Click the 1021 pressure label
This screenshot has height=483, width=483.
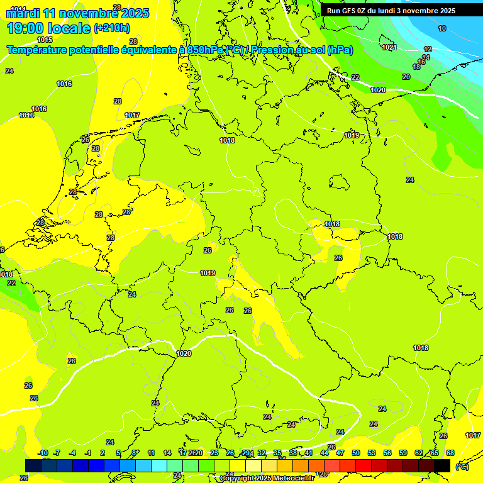tap(389, 47)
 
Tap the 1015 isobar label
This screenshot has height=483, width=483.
tap(45, 40)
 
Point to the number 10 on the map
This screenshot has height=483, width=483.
tap(442, 28)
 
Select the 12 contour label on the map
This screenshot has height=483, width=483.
tap(428, 49)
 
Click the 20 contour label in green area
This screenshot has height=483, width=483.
tap(406, 77)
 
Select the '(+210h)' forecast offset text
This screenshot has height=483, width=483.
tap(112, 28)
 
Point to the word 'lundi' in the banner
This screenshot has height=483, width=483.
tap(394, 11)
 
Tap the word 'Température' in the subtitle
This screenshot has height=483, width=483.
tap(37, 50)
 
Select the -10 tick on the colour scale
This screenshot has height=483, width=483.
tap(43, 453)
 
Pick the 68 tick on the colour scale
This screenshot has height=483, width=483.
tap(450, 453)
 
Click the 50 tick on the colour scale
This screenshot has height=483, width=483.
tap(356, 453)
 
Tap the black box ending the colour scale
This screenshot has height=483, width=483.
tap(442, 465)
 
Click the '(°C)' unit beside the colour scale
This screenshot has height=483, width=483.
tap(462, 466)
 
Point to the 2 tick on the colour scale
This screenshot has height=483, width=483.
tap(102, 453)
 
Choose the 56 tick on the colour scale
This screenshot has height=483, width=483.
tap(387, 453)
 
